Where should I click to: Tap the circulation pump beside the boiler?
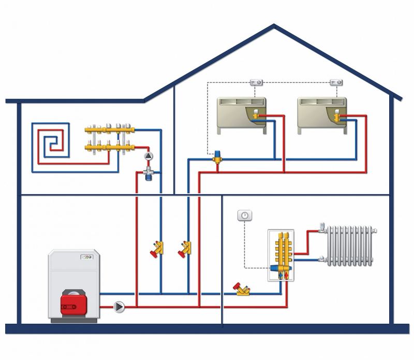tap(119, 307)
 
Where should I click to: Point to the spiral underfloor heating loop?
tap(50, 141)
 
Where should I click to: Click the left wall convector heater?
tap(241, 114)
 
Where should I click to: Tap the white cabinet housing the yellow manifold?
tap(281, 256)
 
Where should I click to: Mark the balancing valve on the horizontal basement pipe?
tap(242, 289)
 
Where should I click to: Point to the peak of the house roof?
tap(273, 25)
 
